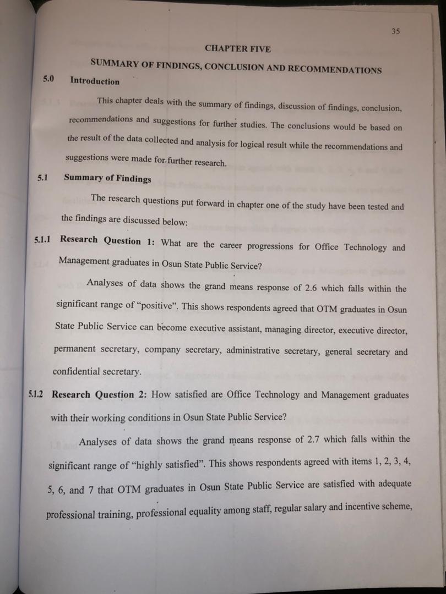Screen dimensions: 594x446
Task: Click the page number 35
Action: click(x=395, y=31)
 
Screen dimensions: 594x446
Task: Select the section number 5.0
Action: click(x=48, y=79)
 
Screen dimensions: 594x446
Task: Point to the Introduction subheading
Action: click(x=95, y=81)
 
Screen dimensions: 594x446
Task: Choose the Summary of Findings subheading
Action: click(x=107, y=178)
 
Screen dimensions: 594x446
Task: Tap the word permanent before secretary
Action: click(x=75, y=349)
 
